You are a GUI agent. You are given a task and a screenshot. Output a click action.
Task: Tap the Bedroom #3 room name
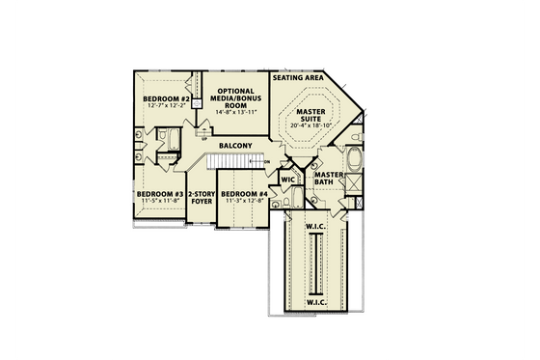pyautogui.click(x=159, y=194)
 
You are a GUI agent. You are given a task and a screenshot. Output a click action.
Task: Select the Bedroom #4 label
pyautogui.click(x=243, y=194)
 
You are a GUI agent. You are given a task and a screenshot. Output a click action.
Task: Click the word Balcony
pyautogui.click(x=235, y=147)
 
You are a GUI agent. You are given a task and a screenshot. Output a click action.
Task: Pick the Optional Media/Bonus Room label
pyautogui.click(x=235, y=97)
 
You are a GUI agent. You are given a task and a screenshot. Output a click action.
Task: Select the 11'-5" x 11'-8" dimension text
pyautogui.click(x=159, y=202)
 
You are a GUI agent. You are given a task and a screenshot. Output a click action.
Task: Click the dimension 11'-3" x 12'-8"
pyautogui.click(x=243, y=202)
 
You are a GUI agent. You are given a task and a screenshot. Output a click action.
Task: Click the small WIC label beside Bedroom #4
pyautogui.click(x=287, y=180)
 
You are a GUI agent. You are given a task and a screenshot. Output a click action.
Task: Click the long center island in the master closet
pyautogui.click(x=314, y=265)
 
